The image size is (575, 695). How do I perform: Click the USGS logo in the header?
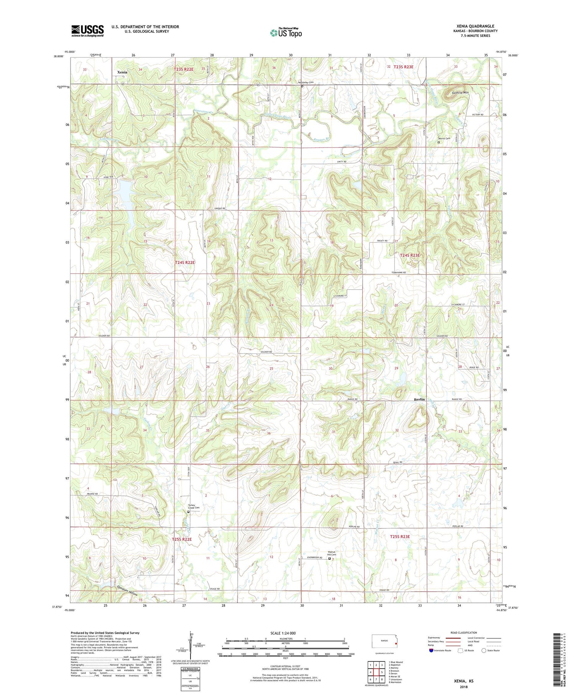[87, 31]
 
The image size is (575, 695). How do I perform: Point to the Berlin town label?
[419, 399]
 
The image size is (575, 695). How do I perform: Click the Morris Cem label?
[444, 139]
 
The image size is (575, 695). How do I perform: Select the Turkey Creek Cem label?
[194, 506]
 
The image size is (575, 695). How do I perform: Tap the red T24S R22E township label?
[185, 263]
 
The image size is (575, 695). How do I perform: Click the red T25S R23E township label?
[400, 536]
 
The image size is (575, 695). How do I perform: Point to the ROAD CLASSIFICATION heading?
[464, 633]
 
